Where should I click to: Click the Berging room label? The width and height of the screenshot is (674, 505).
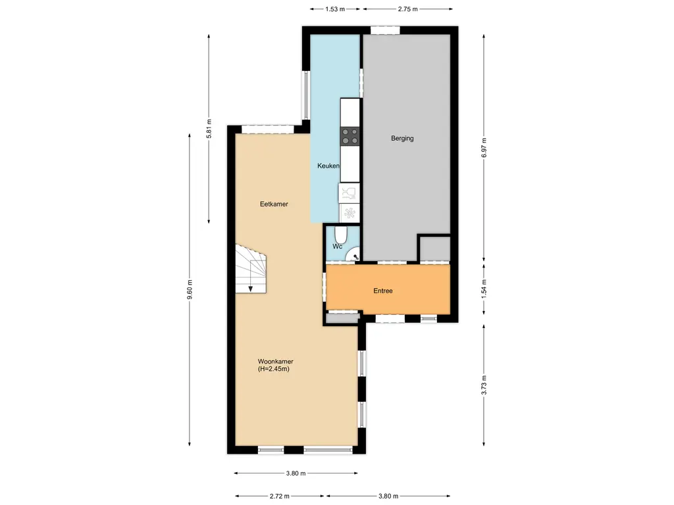click(x=402, y=139)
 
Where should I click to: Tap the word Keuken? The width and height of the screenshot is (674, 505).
click(x=328, y=166)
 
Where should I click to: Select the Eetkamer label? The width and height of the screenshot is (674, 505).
click(x=274, y=204)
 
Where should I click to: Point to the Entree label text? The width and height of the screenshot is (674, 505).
click(x=382, y=291)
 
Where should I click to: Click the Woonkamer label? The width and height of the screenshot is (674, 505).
click(x=275, y=362)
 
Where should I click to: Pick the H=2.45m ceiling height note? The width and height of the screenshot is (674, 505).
click(x=274, y=370)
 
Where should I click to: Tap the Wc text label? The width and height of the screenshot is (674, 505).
click(x=337, y=247)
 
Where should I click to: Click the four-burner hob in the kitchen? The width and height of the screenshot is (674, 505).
click(x=350, y=136)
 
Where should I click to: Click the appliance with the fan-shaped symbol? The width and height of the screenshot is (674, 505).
click(x=350, y=212)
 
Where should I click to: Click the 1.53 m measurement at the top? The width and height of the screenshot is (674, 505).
click(x=335, y=9)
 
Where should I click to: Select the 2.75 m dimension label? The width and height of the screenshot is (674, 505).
click(x=409, y=9)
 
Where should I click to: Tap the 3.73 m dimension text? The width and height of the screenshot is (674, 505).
click(x=484, y=383)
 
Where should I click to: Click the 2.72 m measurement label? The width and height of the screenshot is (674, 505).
click(x=279, y=496)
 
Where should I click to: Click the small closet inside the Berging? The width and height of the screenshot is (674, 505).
click(x=435, y=249)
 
